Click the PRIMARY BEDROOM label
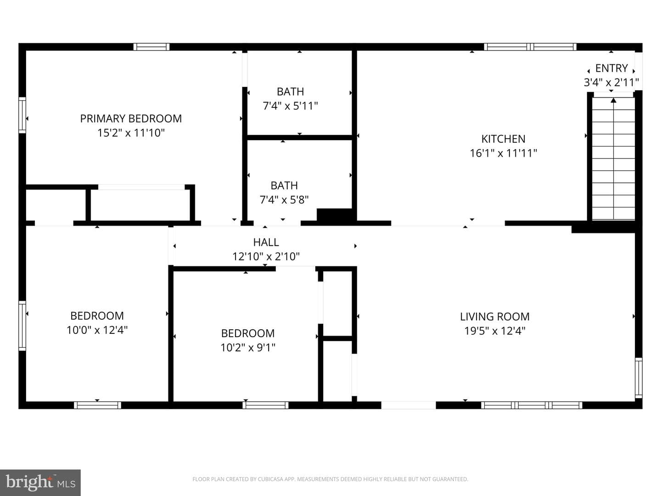tap(131, 118)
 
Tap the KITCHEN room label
tap(503, 139)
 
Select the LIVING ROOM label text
tap(494, 316)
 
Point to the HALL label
tap(266, 242)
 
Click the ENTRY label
tap(611, 68)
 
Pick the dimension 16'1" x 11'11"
tap(503, 153)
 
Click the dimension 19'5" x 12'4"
tap(494, 331)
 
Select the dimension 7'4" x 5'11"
tap(290, 106)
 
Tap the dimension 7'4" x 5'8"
tap(284, 199)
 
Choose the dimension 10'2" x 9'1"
tap(248, 348)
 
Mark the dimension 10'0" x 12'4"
tap(97, 330)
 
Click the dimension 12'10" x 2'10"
tap(266, 256)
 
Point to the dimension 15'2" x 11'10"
tap(131, 133)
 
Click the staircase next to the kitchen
tap(613, 158)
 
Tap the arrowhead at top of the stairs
tap(613, 101)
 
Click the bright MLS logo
tap(40, 482)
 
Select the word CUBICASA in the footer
tap(270, 479)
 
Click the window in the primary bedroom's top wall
tap(151, 47)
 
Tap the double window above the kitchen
tap(530, 47)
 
